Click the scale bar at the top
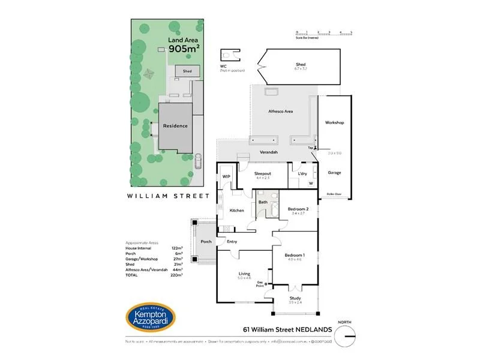[x=324, y=34]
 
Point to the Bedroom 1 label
[x=295, y=255]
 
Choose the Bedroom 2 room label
[x=298, y=209]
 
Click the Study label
[x=295, y=298]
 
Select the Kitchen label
[x=237, y=211]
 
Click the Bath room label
[x=263, y=202]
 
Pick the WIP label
[x=226, y=176]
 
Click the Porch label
[x=206, y=242]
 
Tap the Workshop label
[x=334, y=122]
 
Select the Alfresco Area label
[x=280, y=112]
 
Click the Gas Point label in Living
[x=260, y=283]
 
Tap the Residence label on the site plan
[x=175, y=126]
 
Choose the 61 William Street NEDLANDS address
[x=284, y=328]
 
